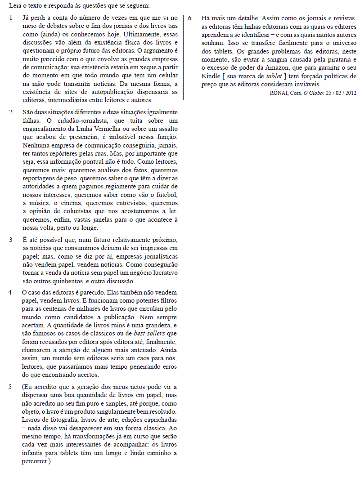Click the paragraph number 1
coord(11,18)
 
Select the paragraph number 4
coord(11,292)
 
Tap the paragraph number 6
coord(190,18)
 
